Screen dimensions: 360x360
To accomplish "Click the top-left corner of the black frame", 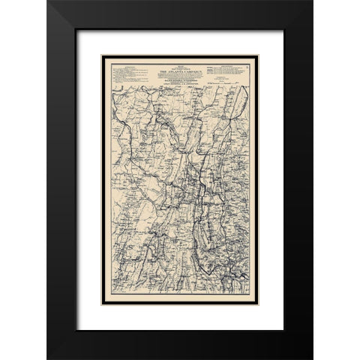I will pyautogui.click(x=48, y=2).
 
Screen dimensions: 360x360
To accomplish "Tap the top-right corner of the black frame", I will pyautogui.click(x=312, y=2).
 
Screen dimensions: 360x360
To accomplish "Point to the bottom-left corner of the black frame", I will pyautogui.click(x=48, y=358).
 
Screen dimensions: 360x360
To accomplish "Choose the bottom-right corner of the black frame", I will pyautogui.click(x=312, y=358).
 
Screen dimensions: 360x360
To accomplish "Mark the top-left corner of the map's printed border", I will pyautogui.click(x=103, y=55).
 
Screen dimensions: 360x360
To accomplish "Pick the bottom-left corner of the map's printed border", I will pyautogui.click(x=103, y=304).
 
